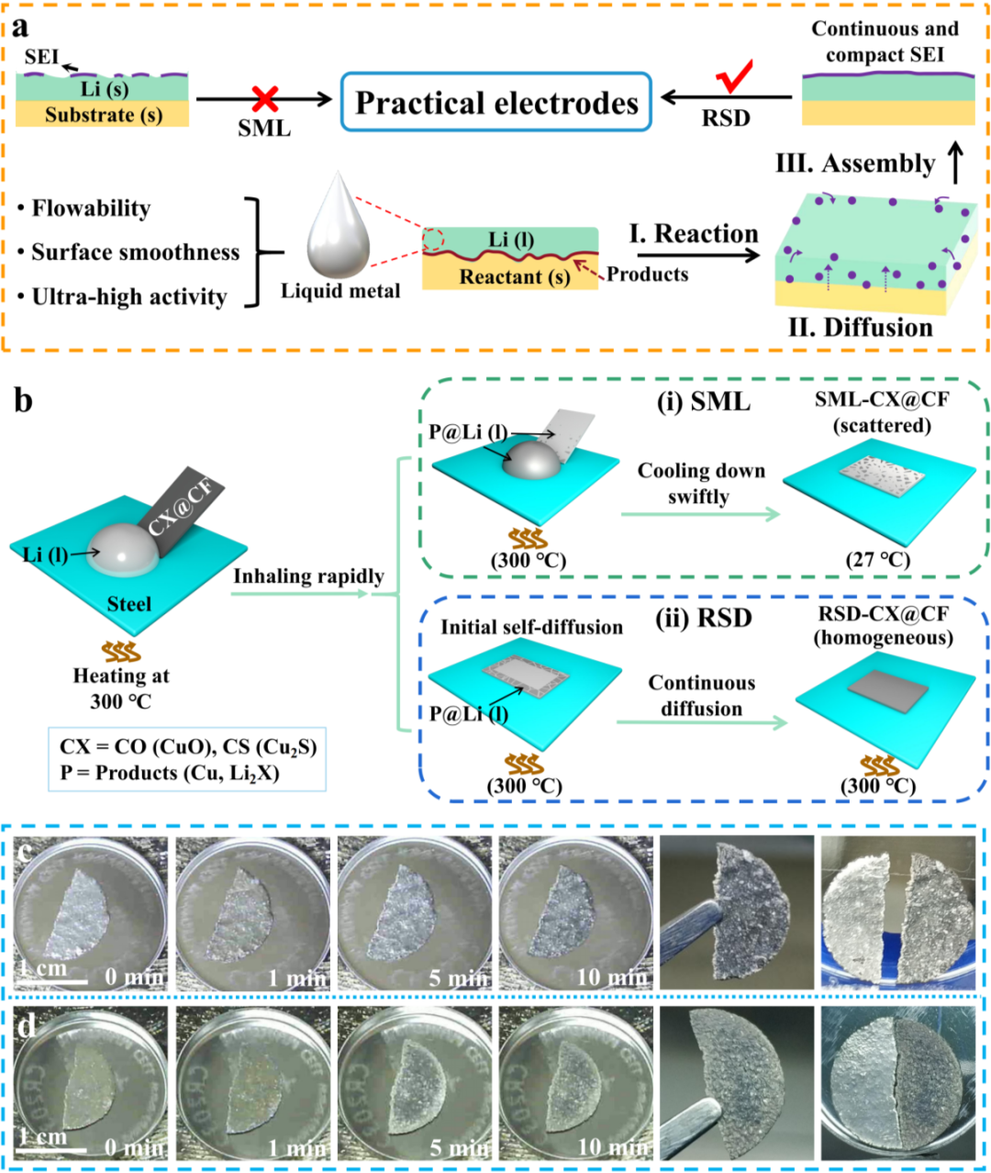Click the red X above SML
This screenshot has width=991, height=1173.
[x=265, y=98]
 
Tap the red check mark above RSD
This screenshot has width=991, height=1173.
[x=734, y=77]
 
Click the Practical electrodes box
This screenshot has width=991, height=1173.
[x=496, y=102]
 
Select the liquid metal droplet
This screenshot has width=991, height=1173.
[x=338, y=226]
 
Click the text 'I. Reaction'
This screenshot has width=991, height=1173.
[x=694, y=234]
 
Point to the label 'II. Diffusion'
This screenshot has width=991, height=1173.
[x=860, y=328]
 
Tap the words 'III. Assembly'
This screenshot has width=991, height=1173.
[x=854, y=163]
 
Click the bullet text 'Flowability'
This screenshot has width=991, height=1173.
[x=91, y=208]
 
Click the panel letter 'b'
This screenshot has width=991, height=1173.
[x=23, y=400]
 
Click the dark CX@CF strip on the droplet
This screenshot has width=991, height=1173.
[x=188, y=511]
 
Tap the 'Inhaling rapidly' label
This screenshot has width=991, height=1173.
[x=308, y=576]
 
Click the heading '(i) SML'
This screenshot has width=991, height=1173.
[x=703, y=401]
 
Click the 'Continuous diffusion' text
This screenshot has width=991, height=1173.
[x=702, y=696]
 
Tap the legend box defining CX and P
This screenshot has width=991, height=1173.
[x=188, y=760]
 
